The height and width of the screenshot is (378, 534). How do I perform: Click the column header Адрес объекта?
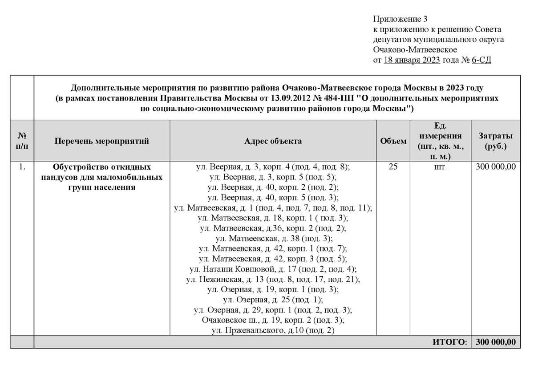point(273,141)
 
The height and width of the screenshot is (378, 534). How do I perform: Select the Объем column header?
point(393,141)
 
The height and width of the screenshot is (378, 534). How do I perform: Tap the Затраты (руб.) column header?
point(495,141)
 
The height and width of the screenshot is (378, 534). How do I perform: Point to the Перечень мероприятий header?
point(101,141)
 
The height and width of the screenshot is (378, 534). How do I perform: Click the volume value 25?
point(393,167)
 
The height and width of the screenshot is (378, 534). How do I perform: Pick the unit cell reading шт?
point(440,167)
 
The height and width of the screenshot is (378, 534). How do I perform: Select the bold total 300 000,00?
point(495,342)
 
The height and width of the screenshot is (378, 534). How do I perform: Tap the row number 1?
point(22,167)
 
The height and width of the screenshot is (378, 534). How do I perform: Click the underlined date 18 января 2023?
point(412,60)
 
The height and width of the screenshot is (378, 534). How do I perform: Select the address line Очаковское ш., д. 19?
point(273,320)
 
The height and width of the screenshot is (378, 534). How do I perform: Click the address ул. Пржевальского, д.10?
point(273,330)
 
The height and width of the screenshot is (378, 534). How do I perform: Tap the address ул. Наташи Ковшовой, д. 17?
point(273,269)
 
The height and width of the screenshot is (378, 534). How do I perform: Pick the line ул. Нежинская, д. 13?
point(273,280)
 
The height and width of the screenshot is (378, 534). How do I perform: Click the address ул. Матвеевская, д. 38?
point(273,239)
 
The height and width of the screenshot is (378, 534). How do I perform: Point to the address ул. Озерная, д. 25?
point(273,300)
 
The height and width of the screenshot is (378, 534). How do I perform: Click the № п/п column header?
point(22,141)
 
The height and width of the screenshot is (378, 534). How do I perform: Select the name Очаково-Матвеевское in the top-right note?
point(415,49)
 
